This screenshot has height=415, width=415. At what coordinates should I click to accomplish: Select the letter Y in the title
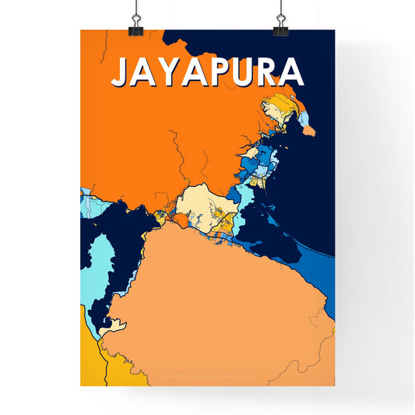(168, 72)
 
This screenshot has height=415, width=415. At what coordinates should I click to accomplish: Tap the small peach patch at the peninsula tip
(308, 130)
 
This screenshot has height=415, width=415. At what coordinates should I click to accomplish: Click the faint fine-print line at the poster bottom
(207, 378)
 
